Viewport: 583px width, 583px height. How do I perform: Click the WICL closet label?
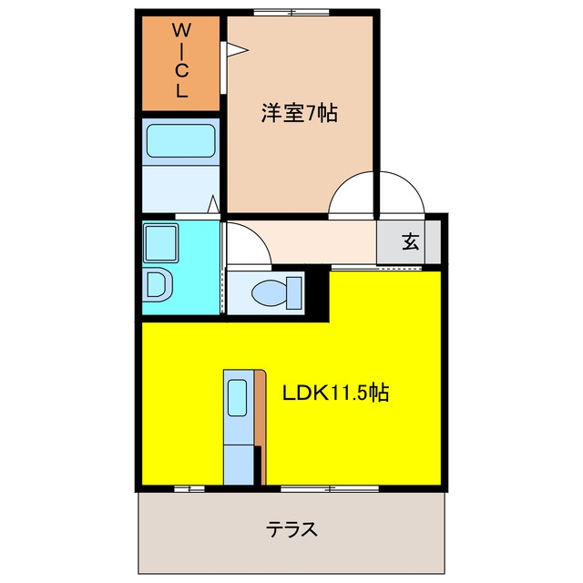point(181,60)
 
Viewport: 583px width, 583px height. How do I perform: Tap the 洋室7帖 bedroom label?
point(300,112)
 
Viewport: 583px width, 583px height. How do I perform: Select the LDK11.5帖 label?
point(336,393)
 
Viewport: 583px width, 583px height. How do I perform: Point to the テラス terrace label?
point(291,529)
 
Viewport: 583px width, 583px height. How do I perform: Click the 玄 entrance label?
point(410,241)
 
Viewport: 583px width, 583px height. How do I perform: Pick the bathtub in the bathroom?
point(180,141)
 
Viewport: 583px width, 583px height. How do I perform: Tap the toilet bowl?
point(270,292)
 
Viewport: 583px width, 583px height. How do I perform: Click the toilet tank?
point(293,293)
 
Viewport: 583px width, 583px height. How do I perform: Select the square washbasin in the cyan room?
point(160,243)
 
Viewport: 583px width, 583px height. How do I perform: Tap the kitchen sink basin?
point(237,397)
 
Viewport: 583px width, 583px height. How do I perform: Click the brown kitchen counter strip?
point(261,427)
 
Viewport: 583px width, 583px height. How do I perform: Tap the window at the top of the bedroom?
point(291,12)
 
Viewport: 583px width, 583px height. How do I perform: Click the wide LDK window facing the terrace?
point(330,488)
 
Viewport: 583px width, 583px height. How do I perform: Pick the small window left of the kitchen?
point(189,488)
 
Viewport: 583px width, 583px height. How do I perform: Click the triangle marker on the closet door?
point(237,50)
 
